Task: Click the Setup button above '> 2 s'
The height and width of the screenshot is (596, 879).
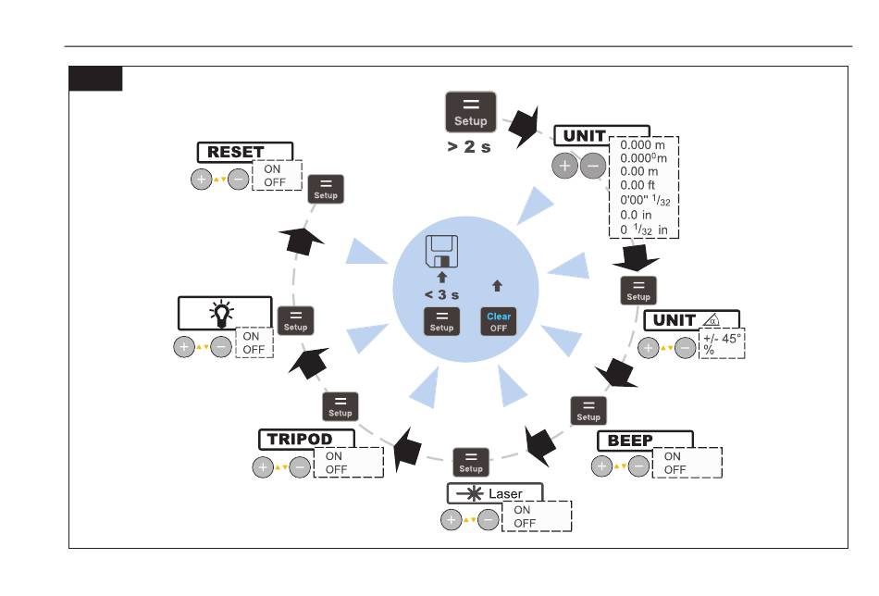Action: point(470,112)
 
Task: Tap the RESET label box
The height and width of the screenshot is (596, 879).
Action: point(245,152)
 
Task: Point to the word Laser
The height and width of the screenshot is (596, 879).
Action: point(505,494)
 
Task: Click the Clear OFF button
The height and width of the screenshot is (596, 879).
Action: point(499,321)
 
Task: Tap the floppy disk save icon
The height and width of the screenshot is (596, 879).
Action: point(441,251)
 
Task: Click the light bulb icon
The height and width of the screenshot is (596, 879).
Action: point(221,314)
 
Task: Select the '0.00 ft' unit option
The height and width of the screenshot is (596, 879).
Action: point(638,185)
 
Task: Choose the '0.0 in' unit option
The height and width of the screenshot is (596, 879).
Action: point(636,215)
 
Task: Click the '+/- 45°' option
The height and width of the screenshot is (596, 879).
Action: point(722,339)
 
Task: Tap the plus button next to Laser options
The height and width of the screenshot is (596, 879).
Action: point(452,520)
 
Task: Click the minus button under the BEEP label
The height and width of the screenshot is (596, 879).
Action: point(638,466)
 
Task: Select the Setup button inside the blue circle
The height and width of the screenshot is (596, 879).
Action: point(441,321)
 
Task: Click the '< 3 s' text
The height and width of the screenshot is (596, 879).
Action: point(441,295)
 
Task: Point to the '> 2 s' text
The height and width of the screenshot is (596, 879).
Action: point(469,147)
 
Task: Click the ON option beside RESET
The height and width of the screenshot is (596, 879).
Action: point(272,168)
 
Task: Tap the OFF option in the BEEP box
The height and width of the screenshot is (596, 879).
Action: point(675,470)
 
